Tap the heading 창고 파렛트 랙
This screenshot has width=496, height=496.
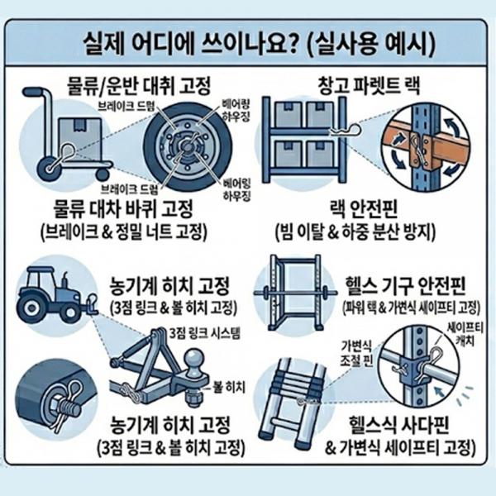click(370, 85)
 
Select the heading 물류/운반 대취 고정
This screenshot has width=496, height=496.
click(139, 86)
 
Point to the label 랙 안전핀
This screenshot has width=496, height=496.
click(364, 209)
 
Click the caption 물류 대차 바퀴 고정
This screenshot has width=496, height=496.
click(123, 209)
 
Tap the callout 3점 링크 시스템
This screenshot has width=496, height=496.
click(205, 333)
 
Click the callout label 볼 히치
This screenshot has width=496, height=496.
click(229, 387)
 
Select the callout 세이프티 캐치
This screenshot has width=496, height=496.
click(465, 335)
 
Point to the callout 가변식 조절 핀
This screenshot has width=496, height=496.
click(356, 353)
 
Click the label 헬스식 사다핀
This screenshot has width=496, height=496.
click(398, 425)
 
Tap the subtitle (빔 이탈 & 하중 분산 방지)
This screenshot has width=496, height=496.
click(355, 233)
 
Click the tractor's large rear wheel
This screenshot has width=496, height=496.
click(31, 308)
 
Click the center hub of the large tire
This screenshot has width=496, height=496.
click(188, 147)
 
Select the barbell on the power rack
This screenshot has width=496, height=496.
click(293, 292)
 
